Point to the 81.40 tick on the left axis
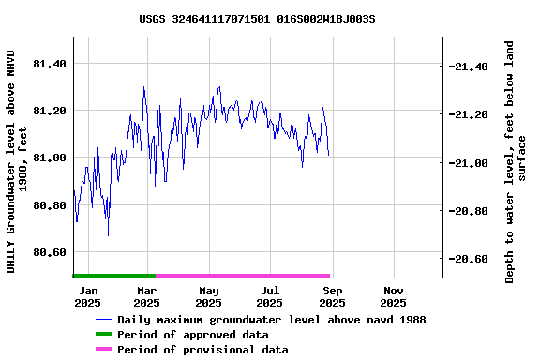[x=50, y=64]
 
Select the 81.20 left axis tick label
[x=50, y=111]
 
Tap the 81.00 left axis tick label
[x=50, y=157]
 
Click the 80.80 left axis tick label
[x=50, y=205]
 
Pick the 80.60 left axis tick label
[x=50, y=252]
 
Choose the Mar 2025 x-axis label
[x=146, y=296]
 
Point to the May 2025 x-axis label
[x=208, y=296]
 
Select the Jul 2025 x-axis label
[x=269, y=296]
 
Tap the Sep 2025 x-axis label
[x=332, y=296]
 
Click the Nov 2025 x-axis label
[x=393, y=296]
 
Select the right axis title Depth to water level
[x=516, y=161]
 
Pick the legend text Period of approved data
[x=192, y=335]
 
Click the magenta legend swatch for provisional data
[x=103, y=350]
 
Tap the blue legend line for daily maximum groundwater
[x=103, y=320]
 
